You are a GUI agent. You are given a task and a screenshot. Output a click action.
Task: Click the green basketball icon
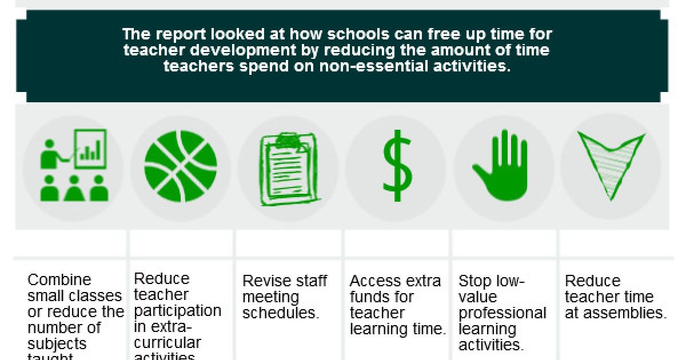tap(181, 166)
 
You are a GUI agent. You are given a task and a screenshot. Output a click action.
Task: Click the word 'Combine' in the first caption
tap(59, 281)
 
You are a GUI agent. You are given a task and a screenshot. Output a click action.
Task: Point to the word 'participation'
tap(177, 311)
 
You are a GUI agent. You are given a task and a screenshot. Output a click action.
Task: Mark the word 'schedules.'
tap(280, 314)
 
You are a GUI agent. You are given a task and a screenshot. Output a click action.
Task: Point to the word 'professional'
tap(502, 313)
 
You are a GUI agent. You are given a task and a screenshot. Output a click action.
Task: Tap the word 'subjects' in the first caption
tap(57, 344)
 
